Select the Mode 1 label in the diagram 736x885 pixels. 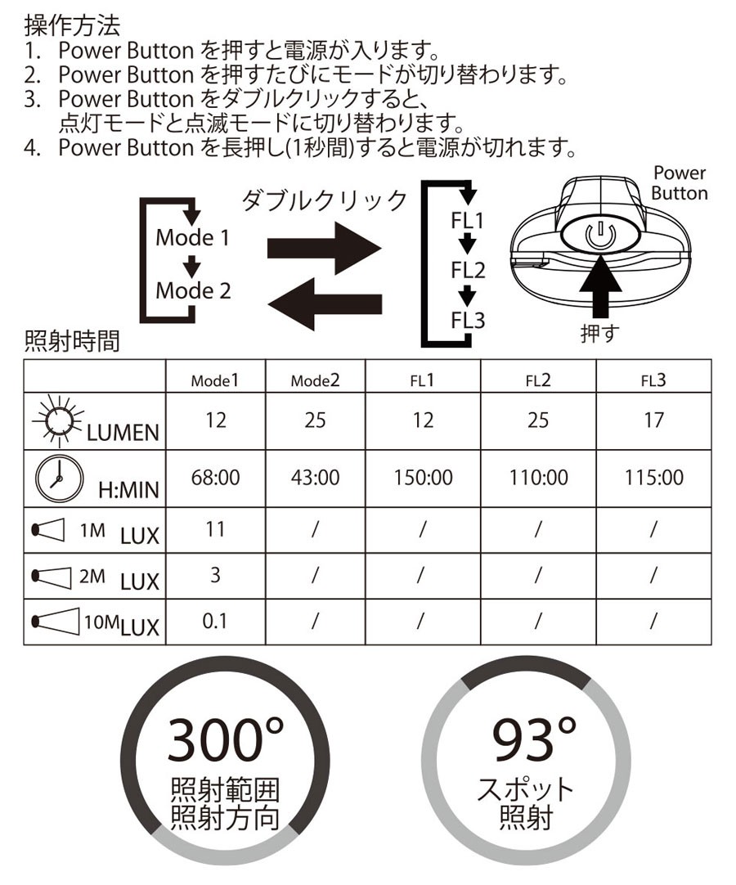[x=193, y=238]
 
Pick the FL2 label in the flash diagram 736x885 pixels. [x=468, y=271]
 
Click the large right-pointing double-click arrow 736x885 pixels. [x=325, y=249]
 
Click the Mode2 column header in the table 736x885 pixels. [x=315, y=380]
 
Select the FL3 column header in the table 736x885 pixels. [x=653, y=380]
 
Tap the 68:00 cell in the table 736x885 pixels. [x=216, y=477]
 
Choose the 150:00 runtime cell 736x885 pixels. [x=422, y=477]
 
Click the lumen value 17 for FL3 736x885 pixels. [x=653, y=420]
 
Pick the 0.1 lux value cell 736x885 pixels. [x=214, y=622]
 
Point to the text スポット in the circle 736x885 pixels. [x=527, y=790]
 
